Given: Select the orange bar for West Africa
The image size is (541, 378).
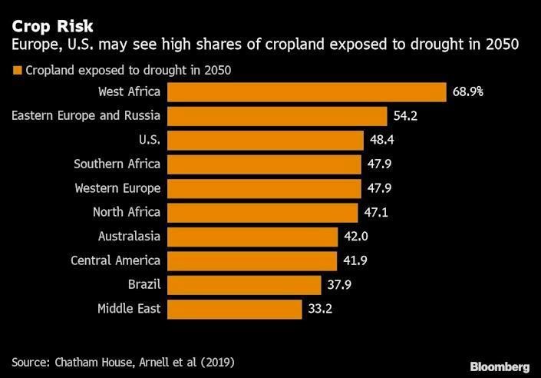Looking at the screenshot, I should pos(306,92).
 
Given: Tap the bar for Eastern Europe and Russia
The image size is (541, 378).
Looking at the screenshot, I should pos(277,116).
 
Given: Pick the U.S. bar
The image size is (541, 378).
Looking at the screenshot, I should pos(265,140).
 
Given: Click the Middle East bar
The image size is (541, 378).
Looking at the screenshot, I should pos(234,309).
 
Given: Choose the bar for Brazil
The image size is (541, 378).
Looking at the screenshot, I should pos(244,285).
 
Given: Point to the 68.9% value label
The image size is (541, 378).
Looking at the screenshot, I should pos(467,92).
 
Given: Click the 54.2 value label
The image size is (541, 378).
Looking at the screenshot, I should pos(405,116).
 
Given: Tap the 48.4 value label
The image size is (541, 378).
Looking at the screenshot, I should pos(381,140).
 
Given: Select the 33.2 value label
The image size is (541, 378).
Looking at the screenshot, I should pos(320,309).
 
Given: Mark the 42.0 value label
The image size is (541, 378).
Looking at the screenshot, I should pos(356,237).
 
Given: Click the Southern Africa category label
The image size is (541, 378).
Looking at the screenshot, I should pos(117,164).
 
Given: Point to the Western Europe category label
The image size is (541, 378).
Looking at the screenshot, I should pos(117,188).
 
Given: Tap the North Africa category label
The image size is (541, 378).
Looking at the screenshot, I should pos(127,212).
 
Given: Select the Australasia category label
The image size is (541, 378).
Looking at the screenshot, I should pos(129,237).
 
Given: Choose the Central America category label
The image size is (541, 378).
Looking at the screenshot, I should pos(115,260).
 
